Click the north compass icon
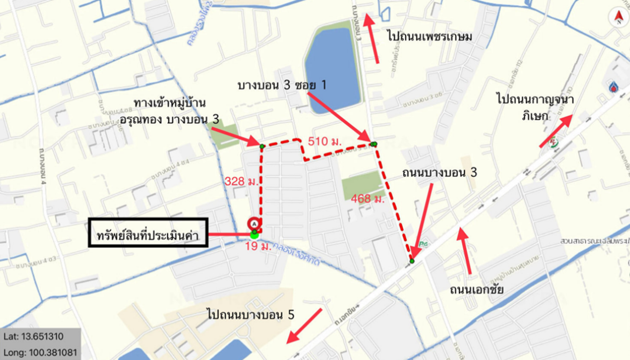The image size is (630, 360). tap(618, 17)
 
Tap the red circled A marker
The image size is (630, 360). tap(254, 223)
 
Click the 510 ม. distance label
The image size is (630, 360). tap(325, 141)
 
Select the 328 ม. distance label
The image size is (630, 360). tap(241, 181)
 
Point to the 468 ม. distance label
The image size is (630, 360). tap(367, 199)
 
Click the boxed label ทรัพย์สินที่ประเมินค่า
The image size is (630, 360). tap(148, 235)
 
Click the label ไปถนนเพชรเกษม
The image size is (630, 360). tap(430, 37)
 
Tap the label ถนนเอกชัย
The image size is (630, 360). tap(477, 289)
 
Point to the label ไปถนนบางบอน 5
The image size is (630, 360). tap(251, 314)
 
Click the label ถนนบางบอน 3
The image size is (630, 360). tap(439, 173)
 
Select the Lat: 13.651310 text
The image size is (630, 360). tap(33, 337)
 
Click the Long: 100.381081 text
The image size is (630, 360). tap(40, 351)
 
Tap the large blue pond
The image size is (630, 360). tap(332, 70)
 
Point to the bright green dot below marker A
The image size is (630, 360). tap(254, 235)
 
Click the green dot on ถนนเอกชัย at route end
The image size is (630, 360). tap(412, 261)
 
